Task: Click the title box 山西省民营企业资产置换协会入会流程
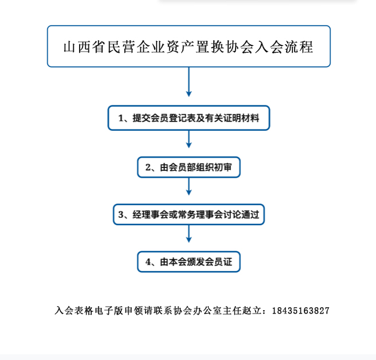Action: [189, 46]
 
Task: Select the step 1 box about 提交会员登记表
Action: [189, 118]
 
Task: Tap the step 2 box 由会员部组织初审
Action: [189, 167]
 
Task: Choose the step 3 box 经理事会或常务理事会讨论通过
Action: [189, 214]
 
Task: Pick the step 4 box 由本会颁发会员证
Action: [189, 261]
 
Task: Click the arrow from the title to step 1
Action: [189, 82]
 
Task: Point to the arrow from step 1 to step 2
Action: [189, 139]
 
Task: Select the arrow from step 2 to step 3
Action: [189, 186]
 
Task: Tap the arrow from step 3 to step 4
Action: [189, 234]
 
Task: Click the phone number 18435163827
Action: [301, 311]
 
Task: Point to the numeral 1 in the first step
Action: [121, 118]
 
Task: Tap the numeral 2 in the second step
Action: [148, 167]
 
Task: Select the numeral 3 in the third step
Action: [121, 214]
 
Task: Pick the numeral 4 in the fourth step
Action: [148, 262]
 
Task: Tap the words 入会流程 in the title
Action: [284, 47]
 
